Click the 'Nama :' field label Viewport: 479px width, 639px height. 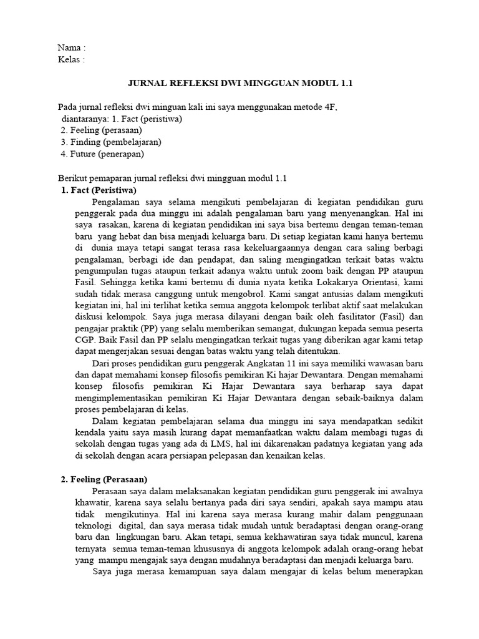(71, 47)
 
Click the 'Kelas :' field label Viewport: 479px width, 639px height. (71, 59)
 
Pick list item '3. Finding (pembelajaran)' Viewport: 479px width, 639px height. (105, 142)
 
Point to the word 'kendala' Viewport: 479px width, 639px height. (84, 432)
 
